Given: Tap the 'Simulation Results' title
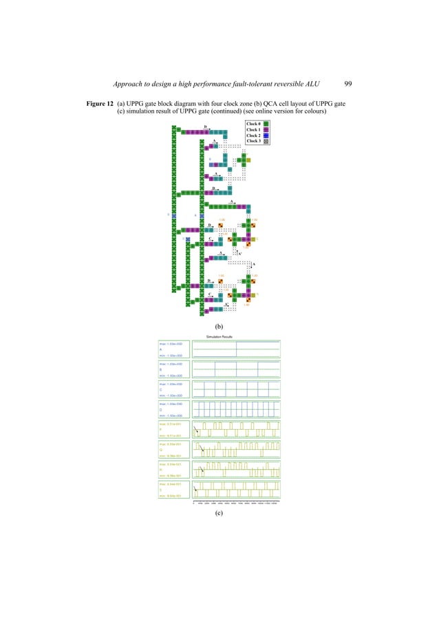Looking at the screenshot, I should [219, 336].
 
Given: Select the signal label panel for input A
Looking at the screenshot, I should [175, 349].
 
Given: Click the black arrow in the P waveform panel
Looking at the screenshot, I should [197, 430].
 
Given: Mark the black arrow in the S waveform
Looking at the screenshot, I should [197, 490].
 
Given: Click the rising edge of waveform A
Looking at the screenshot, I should [237, 349].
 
